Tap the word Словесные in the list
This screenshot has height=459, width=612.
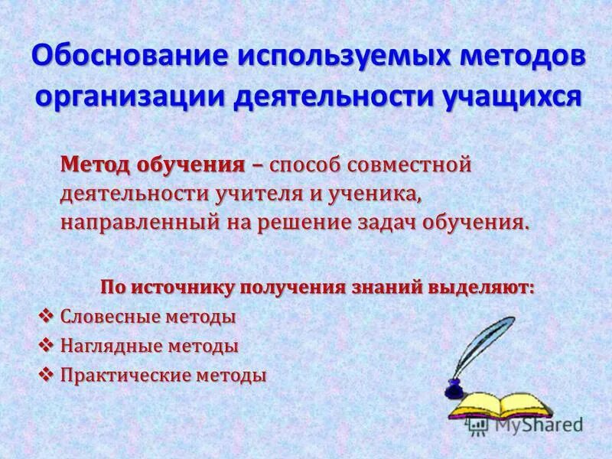[106, 317]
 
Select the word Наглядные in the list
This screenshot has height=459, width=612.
[106, 346]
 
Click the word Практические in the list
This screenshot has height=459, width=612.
[121, 376]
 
